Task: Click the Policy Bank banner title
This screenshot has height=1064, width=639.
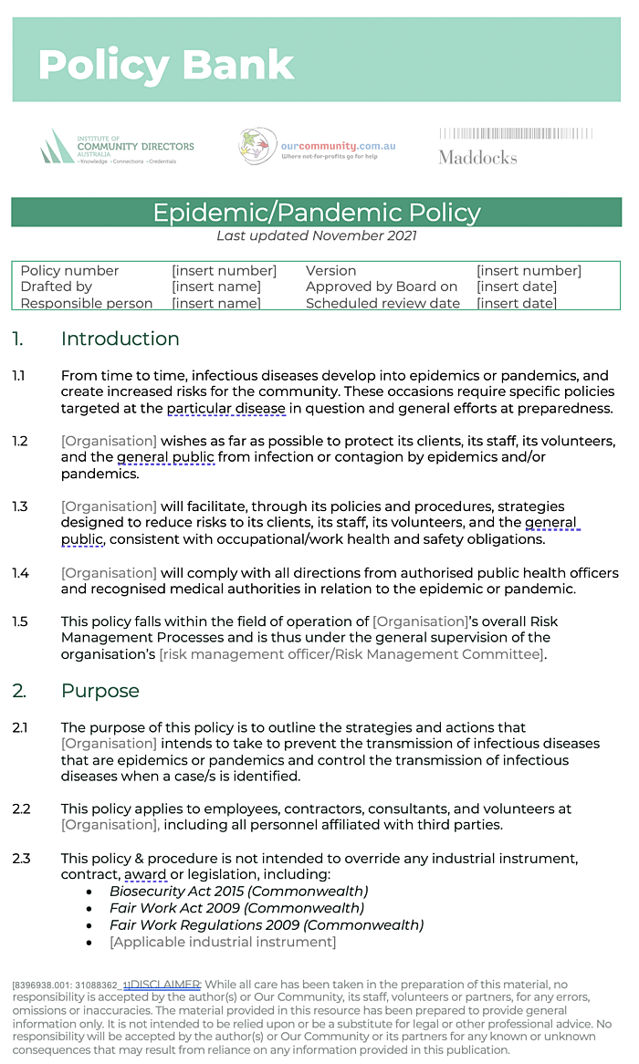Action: [166, 65]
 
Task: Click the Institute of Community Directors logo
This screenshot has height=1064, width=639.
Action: [117, 146]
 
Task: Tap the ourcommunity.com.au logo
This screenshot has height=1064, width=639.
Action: [318, 145]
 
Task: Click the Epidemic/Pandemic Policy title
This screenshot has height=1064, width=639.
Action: [316, 213]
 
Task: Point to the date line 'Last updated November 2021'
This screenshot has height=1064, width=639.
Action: [316, 235]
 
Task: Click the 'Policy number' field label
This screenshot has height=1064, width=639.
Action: [69, 270]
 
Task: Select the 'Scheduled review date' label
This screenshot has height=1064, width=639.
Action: [382, 303]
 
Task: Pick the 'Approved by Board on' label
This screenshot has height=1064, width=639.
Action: [382, 287]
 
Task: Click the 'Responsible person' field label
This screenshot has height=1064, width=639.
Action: [86, 303]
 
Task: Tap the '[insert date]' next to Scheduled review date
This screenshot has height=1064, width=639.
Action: [517, 303]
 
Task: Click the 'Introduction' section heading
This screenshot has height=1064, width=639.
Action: [120, 339]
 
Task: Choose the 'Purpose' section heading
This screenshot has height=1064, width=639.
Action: [100, 691]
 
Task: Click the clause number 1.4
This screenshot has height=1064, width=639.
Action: [20, 573]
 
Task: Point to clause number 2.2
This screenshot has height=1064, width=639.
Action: [21, 808]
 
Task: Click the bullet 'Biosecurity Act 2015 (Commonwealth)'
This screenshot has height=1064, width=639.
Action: [238, 892]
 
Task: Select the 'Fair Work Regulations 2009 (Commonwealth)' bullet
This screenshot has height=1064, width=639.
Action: [267, 925]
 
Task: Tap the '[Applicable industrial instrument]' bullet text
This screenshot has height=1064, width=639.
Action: [223, 942]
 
